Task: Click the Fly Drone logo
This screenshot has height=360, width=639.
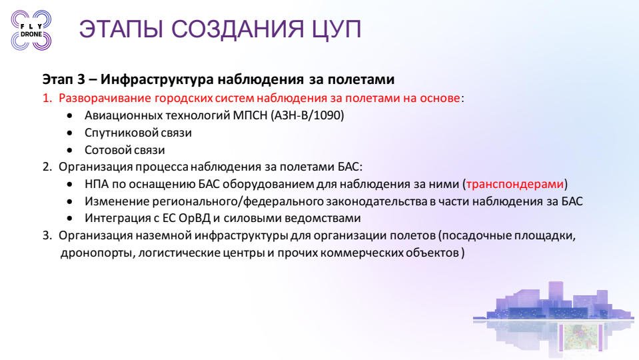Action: tap(31, 30)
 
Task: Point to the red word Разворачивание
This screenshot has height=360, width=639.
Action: tap(105, 98)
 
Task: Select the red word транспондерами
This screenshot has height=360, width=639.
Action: tap(514, 184)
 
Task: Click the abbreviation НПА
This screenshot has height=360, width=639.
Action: tap(97, 184)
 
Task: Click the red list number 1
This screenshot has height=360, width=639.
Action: tap(47, 98)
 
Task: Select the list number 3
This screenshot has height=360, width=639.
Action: tap(47, 235)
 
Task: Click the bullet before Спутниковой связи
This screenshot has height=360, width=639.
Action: tap(70, 133)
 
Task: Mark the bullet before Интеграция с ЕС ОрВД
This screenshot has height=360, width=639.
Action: tap(70, 219)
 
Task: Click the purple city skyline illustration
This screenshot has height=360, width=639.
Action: tap(554, 318)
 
